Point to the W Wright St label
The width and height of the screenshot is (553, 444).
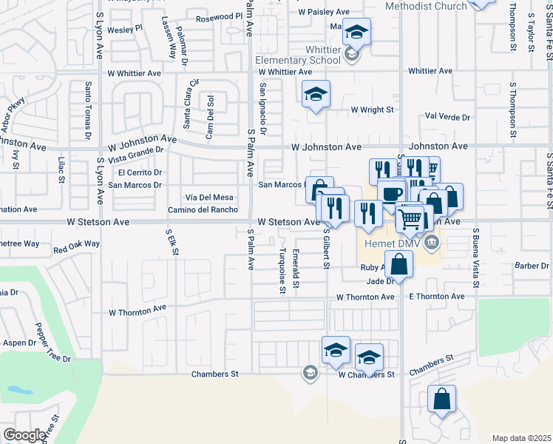click(373, 110)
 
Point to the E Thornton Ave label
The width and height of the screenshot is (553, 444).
click(436, 297)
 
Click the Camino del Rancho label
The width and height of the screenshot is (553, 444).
click(202, 209)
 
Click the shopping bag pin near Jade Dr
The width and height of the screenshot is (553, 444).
click(399, 264)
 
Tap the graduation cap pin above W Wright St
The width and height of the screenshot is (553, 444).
click(316, 94)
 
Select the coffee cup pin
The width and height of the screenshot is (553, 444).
click(391, 193)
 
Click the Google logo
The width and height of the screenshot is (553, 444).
click(24, 435)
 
